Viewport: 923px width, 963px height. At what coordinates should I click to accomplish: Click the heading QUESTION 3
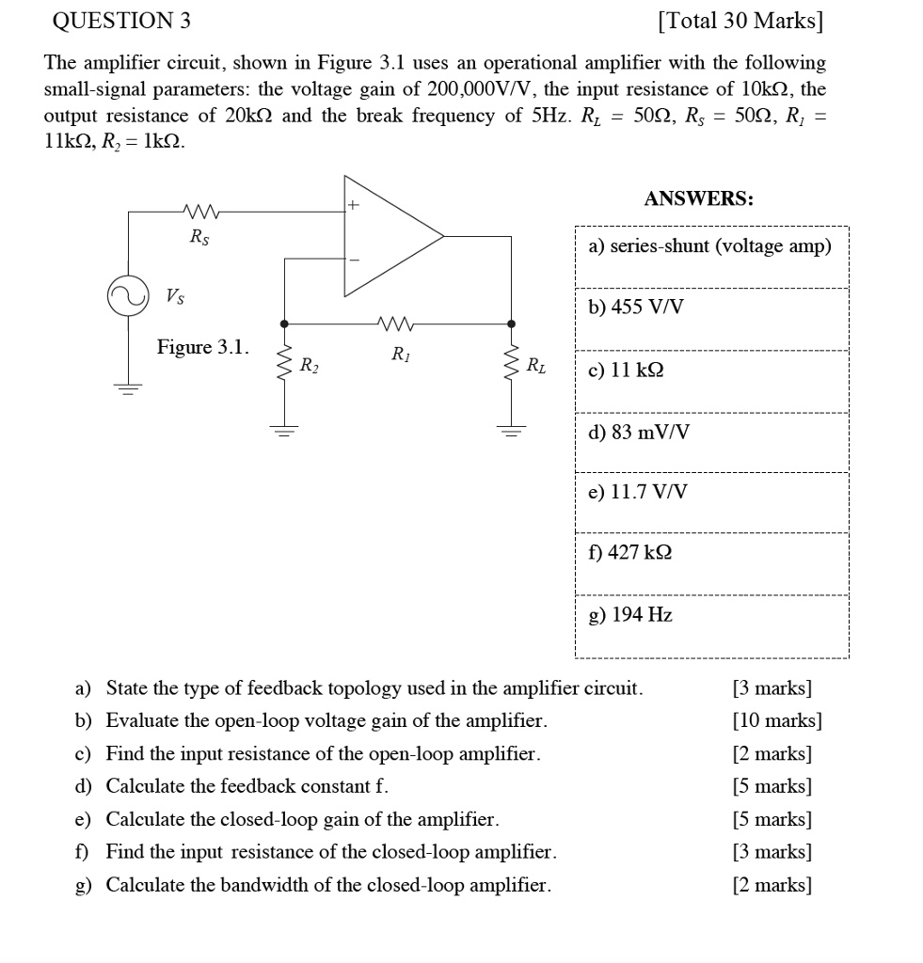click(116, 21)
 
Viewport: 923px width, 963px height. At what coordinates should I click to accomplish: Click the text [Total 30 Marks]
click(740, 21)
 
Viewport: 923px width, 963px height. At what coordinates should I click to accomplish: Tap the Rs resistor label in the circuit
click(199, 238)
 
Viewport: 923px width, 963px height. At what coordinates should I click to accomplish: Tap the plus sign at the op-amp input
click(355, 202)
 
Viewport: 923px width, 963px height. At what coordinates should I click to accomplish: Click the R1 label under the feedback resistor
click(400, 354)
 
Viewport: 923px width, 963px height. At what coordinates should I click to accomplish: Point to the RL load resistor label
click(534, 364)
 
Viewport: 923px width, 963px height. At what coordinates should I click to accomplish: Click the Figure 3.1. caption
click(203, 347)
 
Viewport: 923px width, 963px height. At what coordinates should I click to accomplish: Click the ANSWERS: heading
click(698, 198)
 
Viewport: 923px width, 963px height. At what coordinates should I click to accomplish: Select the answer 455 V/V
click(636, 308)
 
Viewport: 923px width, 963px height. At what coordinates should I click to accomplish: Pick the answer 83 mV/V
click(638, 433)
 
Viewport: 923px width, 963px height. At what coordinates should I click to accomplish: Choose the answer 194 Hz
click(630, 615)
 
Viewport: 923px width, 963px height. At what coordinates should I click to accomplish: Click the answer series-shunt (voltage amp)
click(709, 246)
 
